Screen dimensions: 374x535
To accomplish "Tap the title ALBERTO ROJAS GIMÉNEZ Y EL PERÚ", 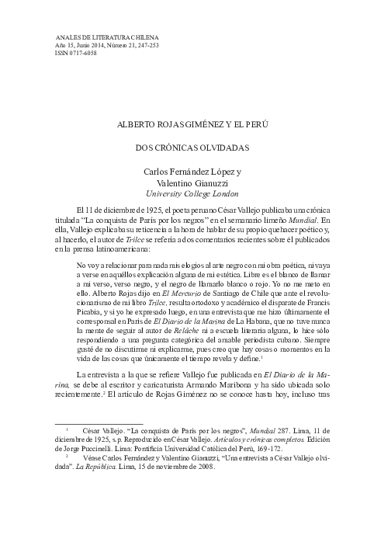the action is [185, 123].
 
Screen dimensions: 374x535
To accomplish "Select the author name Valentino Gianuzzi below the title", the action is [185, 182].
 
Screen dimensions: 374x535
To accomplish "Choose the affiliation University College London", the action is [185, 193].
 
